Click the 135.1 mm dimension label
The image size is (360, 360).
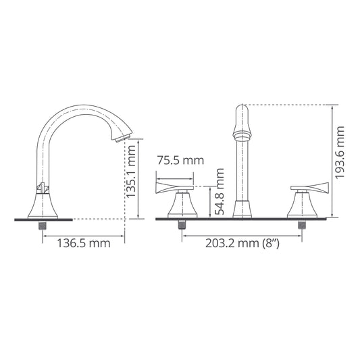(x=131, y=172)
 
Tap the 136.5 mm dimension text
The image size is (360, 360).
(x=84, y=243)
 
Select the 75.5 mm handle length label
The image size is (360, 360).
(x=180, y=160)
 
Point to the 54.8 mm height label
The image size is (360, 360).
(x=219, y=191)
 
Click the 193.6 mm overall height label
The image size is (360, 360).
(x=340, y=152)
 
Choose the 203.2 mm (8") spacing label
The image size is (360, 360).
(x=242, y=243)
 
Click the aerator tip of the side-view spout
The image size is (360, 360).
(x=123, y=138)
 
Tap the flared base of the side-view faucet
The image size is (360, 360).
(x=43, y=206)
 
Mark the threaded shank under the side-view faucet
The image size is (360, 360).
(x=42, y=225)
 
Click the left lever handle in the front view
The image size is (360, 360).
(x=174, y=188)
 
